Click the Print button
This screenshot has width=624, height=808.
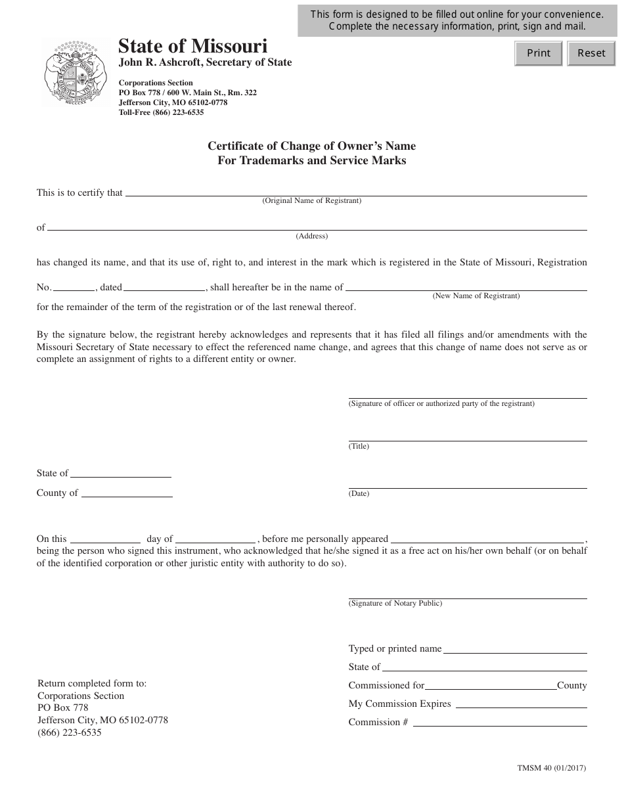click(539, 53)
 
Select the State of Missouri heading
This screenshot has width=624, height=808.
click(192, 46)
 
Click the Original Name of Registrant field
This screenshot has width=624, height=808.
click(355, 191)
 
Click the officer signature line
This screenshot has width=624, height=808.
click(467, 393)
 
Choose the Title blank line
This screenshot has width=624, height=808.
click(467, 436)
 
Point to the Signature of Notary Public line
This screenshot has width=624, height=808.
click(467, 594)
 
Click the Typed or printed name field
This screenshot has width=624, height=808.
click(515, 648)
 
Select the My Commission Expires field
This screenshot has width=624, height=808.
click(521, 704)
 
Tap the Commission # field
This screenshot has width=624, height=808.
click(499, 721)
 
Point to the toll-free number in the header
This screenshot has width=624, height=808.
click(161, 112)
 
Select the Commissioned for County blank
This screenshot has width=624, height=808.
click(491, 685)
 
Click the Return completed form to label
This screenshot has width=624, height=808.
click(92, 683)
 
